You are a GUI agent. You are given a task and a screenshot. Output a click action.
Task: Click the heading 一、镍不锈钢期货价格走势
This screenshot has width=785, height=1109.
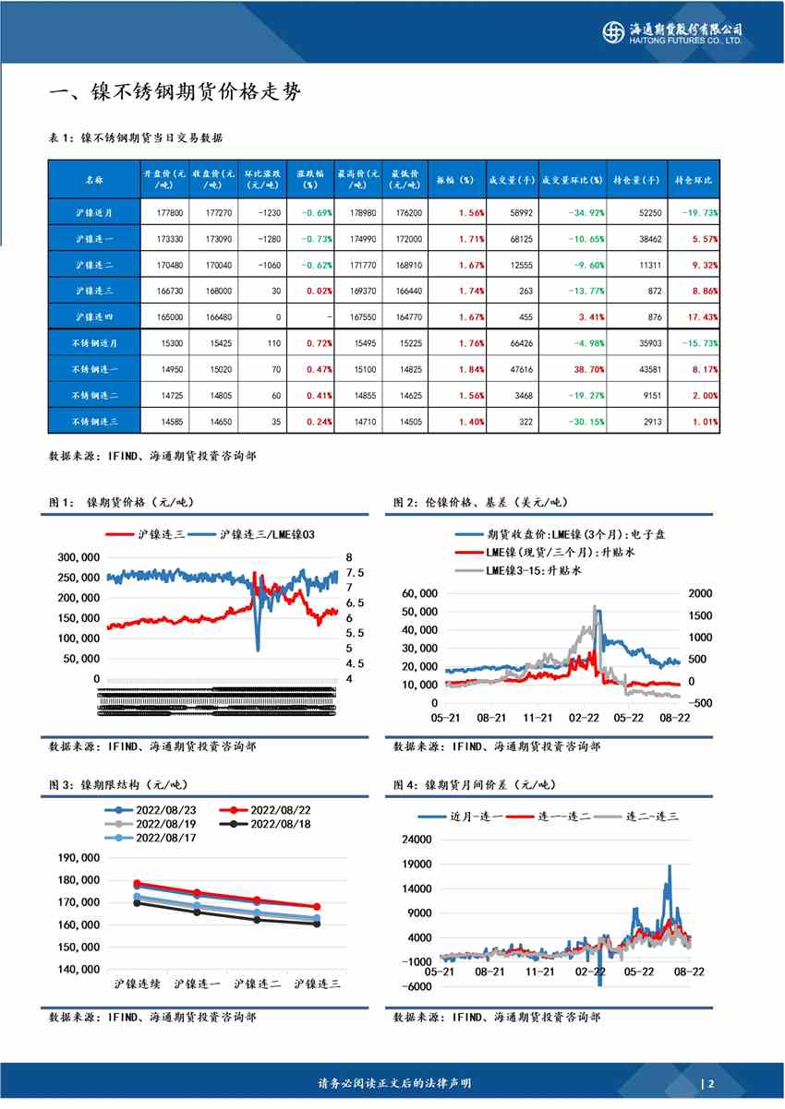pos(175,94)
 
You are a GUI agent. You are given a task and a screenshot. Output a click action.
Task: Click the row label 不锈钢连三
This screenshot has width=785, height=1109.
pos(95,422)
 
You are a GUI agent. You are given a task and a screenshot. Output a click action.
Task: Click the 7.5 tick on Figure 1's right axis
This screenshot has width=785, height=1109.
pos(355,573)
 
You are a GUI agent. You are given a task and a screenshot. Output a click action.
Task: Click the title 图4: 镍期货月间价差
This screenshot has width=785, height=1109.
pos(475,785)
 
